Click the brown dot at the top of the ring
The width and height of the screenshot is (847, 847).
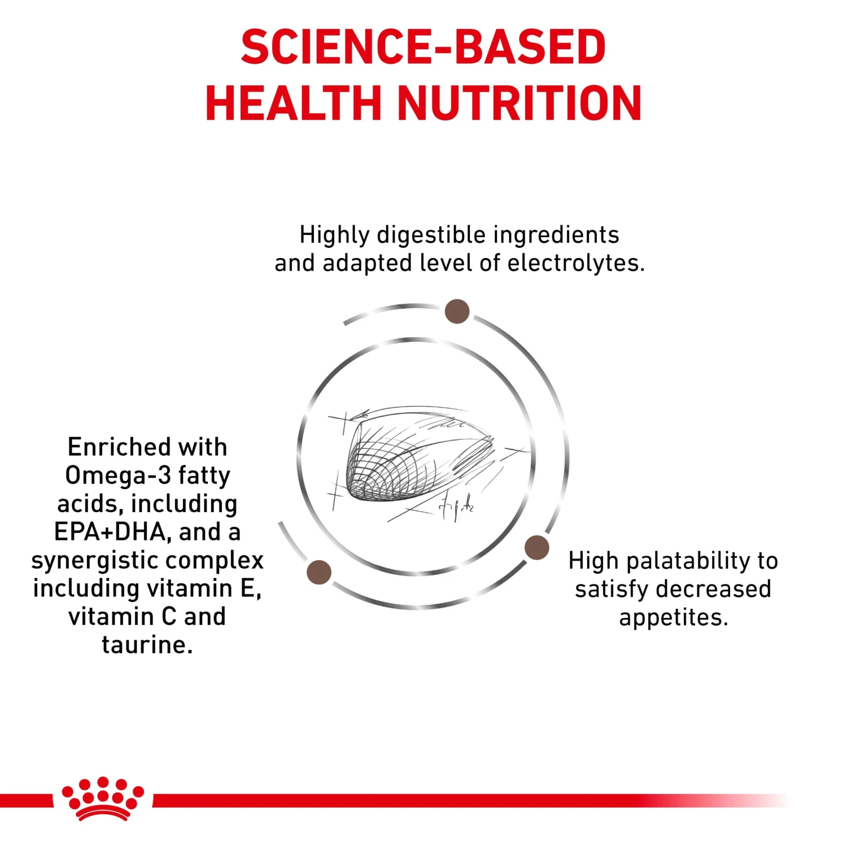click(457, 311)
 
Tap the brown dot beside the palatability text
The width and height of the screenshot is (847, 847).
click(536, 547)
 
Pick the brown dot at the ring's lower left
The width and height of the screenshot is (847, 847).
click(319, 572)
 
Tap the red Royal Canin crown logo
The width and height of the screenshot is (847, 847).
click(103, 798)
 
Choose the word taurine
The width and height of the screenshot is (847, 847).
click(147, 645)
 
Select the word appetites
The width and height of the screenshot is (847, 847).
click(673, 618)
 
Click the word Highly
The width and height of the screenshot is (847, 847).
click(334, 235)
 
